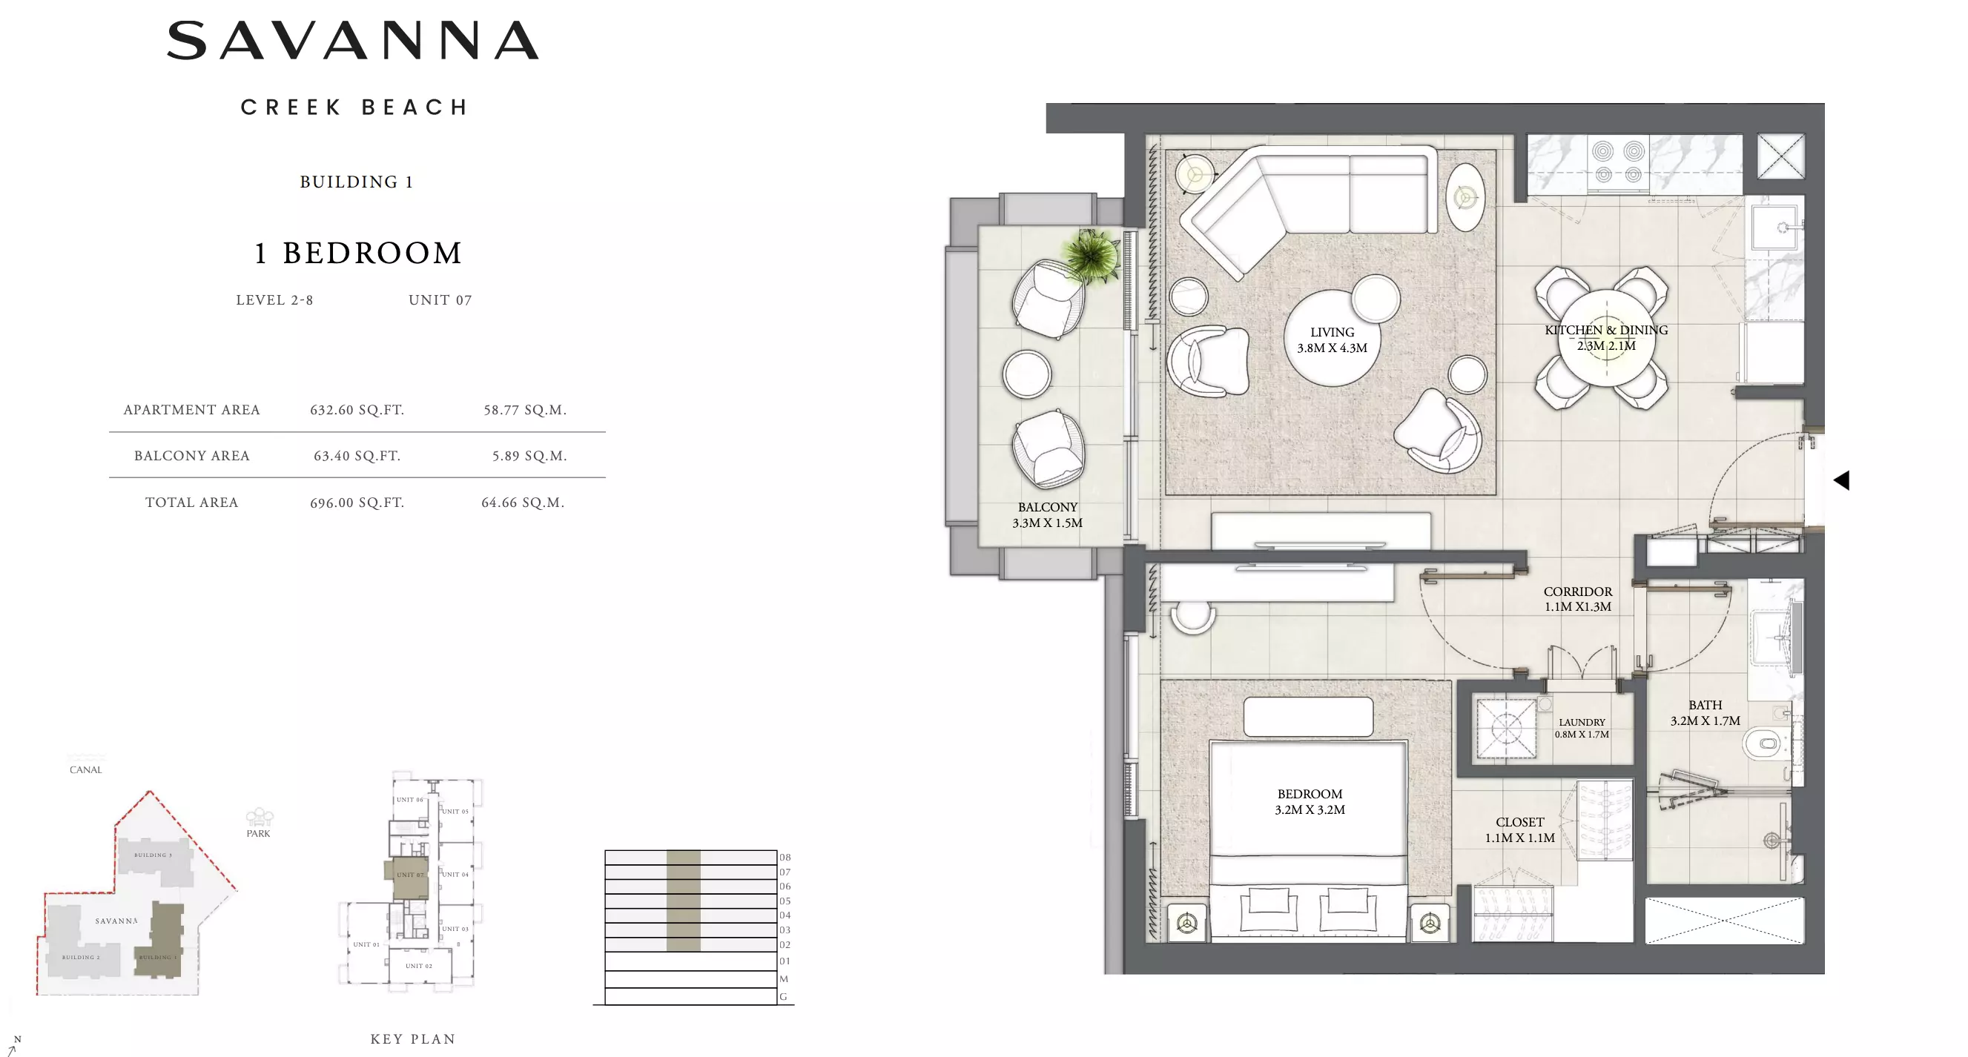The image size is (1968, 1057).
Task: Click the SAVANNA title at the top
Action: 353,41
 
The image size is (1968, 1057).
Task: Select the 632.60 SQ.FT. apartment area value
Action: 357,410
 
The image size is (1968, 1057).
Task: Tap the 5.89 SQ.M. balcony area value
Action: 529,456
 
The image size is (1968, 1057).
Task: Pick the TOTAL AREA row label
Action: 192,503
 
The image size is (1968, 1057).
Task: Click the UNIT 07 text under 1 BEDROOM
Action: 440,300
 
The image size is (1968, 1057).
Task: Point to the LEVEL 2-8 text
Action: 274,300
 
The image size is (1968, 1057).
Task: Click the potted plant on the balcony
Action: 1091,256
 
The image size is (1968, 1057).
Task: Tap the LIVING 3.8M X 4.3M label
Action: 1332,340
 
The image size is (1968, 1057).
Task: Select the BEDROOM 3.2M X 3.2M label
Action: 1310,802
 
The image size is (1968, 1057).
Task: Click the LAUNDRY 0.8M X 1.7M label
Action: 1582,728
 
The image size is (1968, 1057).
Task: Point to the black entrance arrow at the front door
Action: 1841,480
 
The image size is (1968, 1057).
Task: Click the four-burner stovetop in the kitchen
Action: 1618,162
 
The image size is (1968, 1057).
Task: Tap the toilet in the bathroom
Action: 1765,741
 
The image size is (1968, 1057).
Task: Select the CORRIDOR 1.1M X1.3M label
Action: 1578,599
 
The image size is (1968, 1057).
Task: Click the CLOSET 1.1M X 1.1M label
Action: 1519,829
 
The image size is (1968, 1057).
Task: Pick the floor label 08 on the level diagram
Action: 785,857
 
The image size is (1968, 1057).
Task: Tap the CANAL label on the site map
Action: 85,770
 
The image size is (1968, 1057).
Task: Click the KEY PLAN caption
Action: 412,1038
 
